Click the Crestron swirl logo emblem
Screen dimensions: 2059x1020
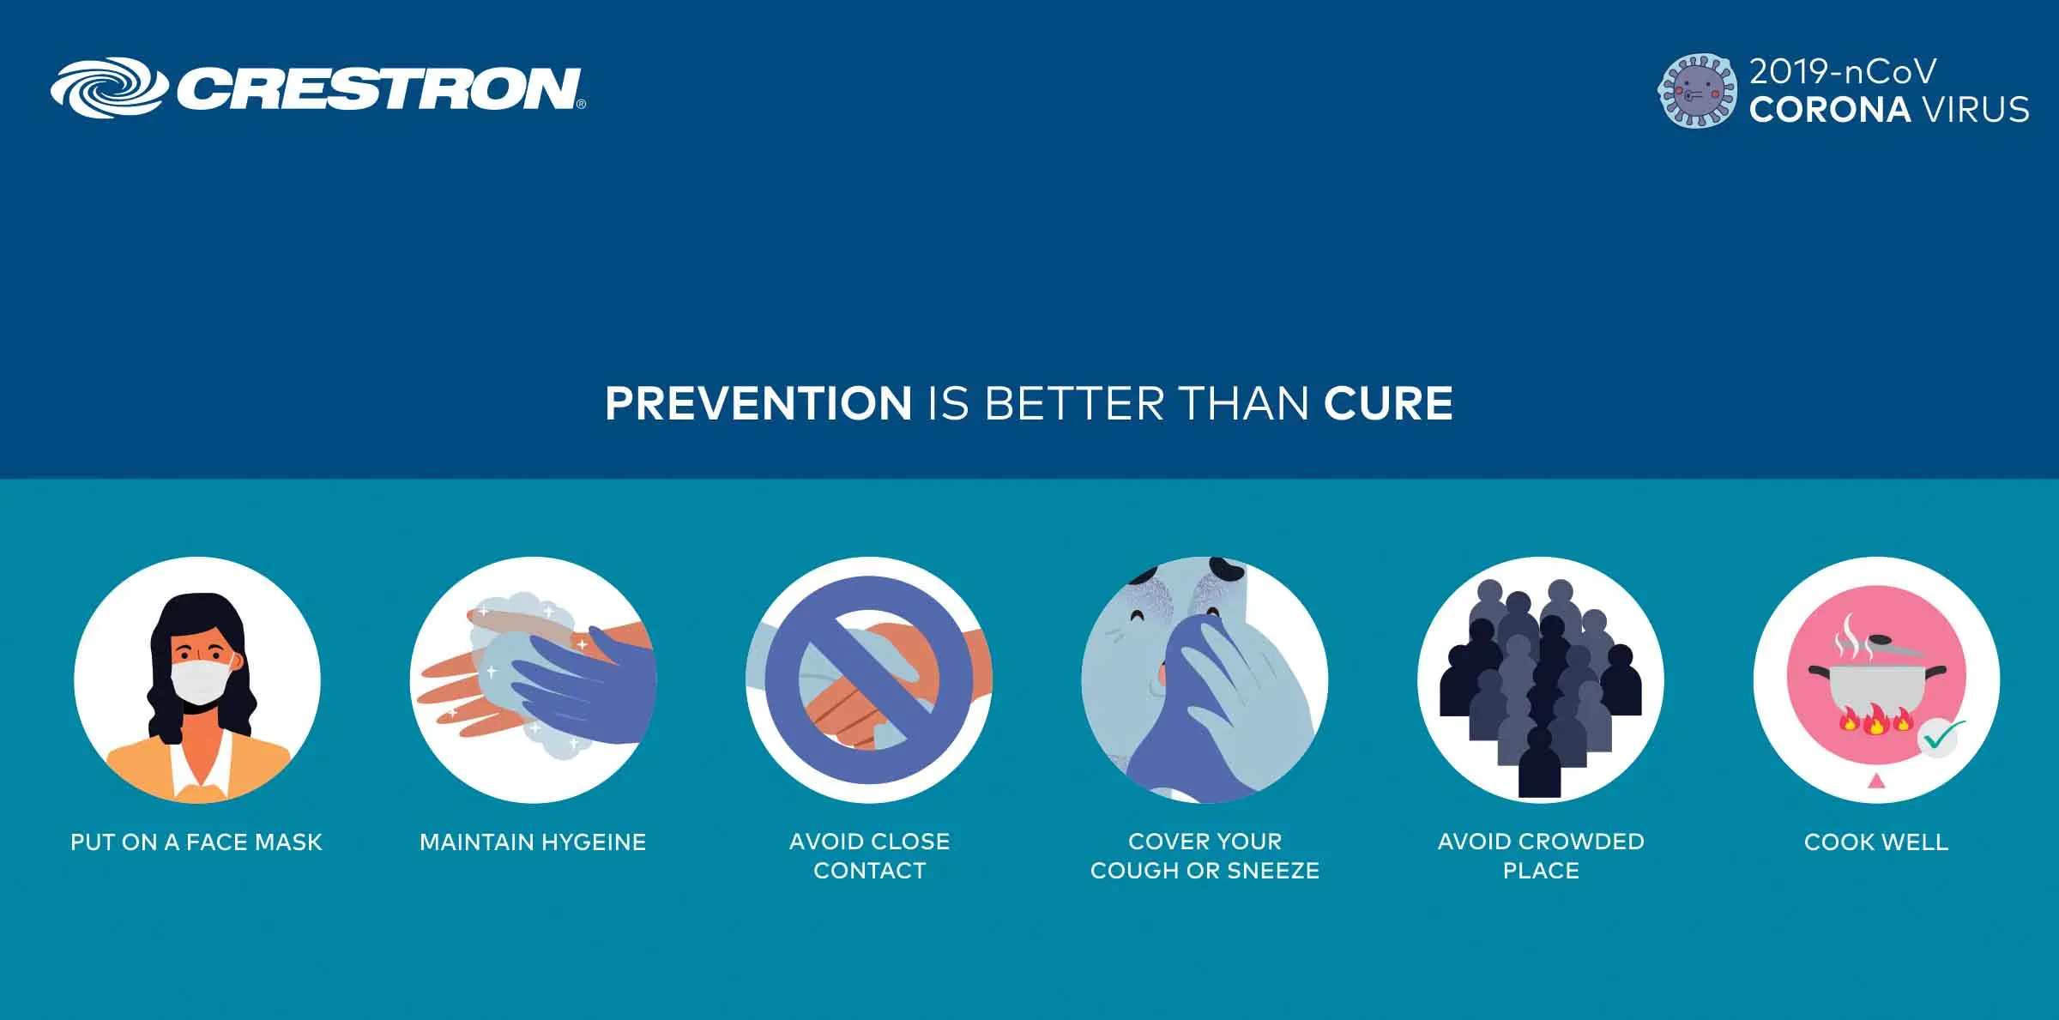pyautogui.click(x=108, y=88)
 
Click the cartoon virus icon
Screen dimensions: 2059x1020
pyautogui.click(x=1697, y=91)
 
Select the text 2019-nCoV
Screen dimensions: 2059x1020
pyautogui.click(x=1843, y=72)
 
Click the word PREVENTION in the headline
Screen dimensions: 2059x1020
pyautogui.click(x=758, y=403)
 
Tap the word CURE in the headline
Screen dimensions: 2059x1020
pyautogui.click(x=1388, y=403)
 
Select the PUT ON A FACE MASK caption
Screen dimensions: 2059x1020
pyautogui.click(x=196, y=842)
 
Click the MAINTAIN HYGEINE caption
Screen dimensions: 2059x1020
pyautogui.click(x=533, y=842)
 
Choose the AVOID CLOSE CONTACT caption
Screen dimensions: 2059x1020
pyautogui.click(x=870, y=856)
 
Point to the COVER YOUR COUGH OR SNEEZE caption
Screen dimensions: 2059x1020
pyautogui.click(x=1205, y=856)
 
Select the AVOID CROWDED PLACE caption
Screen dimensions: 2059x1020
pyautogui.click(x=1541, y=856)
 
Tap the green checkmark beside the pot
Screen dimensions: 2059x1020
pyautogui.click(x=1941, y=735)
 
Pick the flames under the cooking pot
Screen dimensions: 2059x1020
pyautogui.click(x=1875, y=721)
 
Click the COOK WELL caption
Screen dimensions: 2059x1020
pyautogui.click(x=1876, y=842)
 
